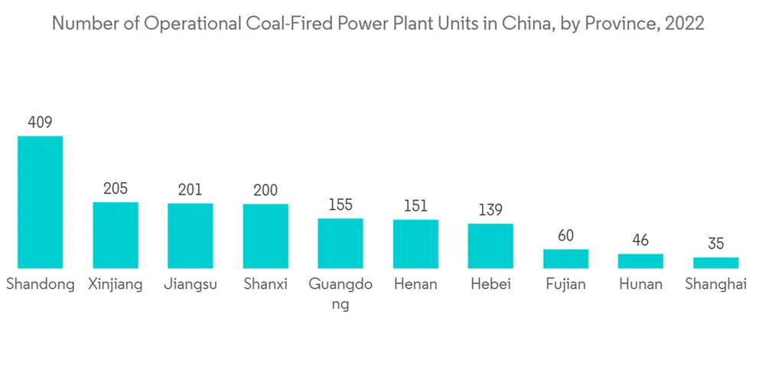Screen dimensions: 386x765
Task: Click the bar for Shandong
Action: pyautogui.click(x=41, y=202)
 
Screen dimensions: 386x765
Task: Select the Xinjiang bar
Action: pyautogui.click(x=116, y=235)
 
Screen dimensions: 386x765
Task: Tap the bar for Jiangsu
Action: pyautogui.click(x=190, y=236)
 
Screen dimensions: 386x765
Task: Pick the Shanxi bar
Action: pyautogui.click(x=265, y=236)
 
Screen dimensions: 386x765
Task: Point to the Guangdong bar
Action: pyautogui.click(x=340, y=244)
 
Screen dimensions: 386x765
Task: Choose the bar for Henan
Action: pyautogui.click(x=415, y=244)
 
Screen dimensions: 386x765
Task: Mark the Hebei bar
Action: pyautogui.click(x=490, y=246)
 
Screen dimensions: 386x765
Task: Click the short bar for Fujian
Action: pyautogui.click(x=565, y=259)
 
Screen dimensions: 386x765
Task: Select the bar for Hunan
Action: pyautogui.click(x=640, y=261)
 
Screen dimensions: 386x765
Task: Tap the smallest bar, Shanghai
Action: pyautogui.click(x=715, y=263)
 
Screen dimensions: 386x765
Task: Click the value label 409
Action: pyautogui.click(x=40, y=122)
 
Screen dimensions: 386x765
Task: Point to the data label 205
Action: pyautogui.click(x=116, y=188)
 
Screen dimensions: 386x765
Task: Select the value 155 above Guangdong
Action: pyautogui.click(x=340, y=205)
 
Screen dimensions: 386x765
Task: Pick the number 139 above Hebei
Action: pyautogui.click(x=490, y=210)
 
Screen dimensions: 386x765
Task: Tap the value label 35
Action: pyautogui.click(x=715, y=244)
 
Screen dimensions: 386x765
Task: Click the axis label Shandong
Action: pyautogui.click(x=41, y=285)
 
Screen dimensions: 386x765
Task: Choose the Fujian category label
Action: pyautogui.click(x=565, y=285)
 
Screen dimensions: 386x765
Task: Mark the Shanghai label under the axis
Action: pyautogui.click(x=715, y=285)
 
